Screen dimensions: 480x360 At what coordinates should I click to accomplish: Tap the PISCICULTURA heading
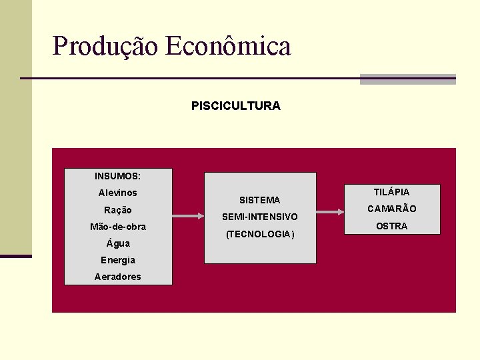[x=235, y=106]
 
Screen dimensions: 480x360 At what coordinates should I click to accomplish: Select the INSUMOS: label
[x=117, y=177]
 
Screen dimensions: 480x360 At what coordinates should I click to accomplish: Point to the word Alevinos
[x=117, y=193]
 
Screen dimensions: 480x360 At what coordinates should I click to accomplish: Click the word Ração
[x=117, y=210]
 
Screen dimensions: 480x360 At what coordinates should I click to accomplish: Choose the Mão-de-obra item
[x=117, y=227]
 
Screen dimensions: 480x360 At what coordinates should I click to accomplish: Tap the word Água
[x=118, y=243]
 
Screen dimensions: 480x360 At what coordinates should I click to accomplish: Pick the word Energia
[x=117, y=260]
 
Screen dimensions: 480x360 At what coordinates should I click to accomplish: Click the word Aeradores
[x=117, y=277]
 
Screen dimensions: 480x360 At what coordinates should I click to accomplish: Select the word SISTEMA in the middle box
[x=259, y=200]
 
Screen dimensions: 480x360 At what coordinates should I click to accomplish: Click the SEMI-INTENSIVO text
[x=259, y=217]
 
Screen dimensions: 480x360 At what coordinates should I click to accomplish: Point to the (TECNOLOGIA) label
[x=259, y=235]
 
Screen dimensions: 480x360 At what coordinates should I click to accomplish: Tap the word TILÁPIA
[x=391, y=192]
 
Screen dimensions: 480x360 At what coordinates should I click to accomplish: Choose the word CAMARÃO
[x=391, y=209]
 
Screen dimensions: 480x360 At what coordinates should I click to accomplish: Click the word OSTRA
[x=391, y=227]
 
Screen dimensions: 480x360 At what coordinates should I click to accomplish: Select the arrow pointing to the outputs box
[x=331, y=212]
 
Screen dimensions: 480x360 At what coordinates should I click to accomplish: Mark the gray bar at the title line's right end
[x=407, y=79]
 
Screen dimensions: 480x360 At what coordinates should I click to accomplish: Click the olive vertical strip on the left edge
[x=15, y=127]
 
